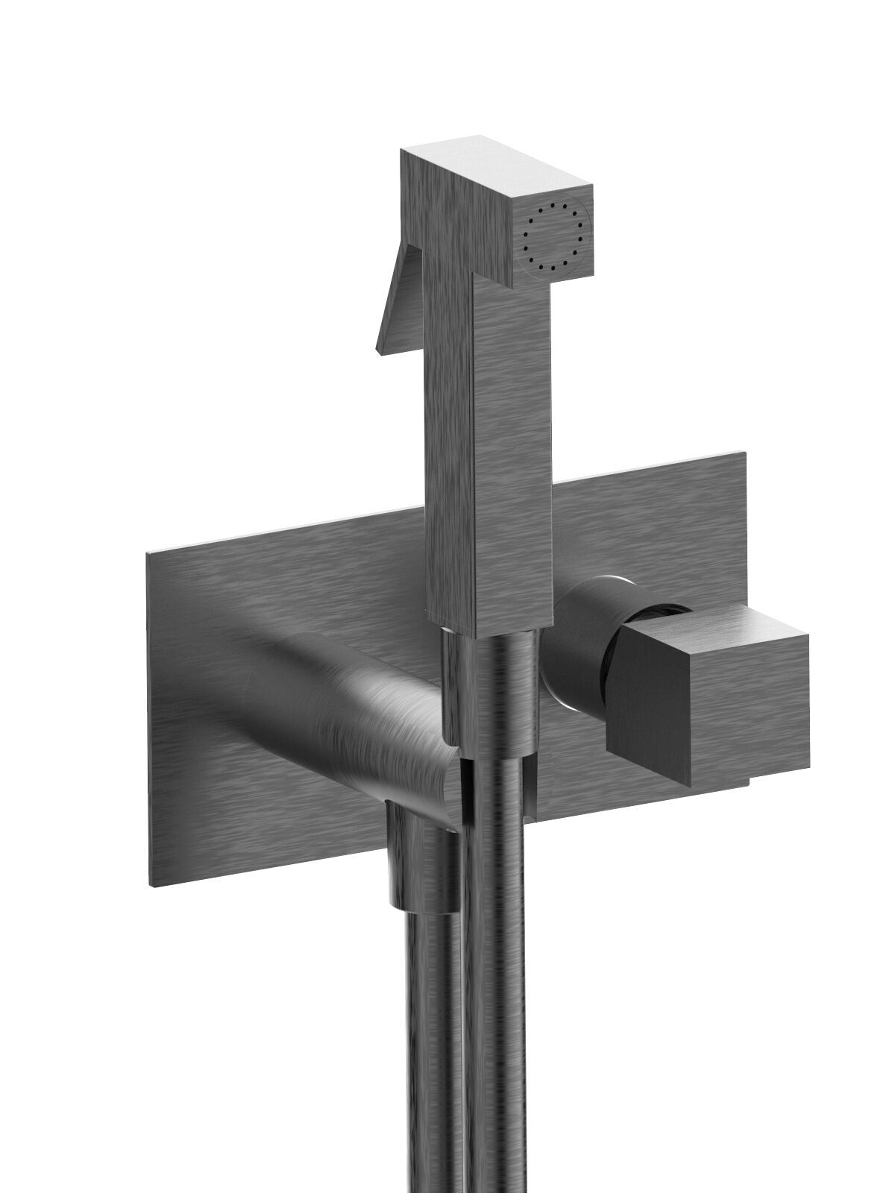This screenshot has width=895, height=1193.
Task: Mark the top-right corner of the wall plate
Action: tap(744, 453)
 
